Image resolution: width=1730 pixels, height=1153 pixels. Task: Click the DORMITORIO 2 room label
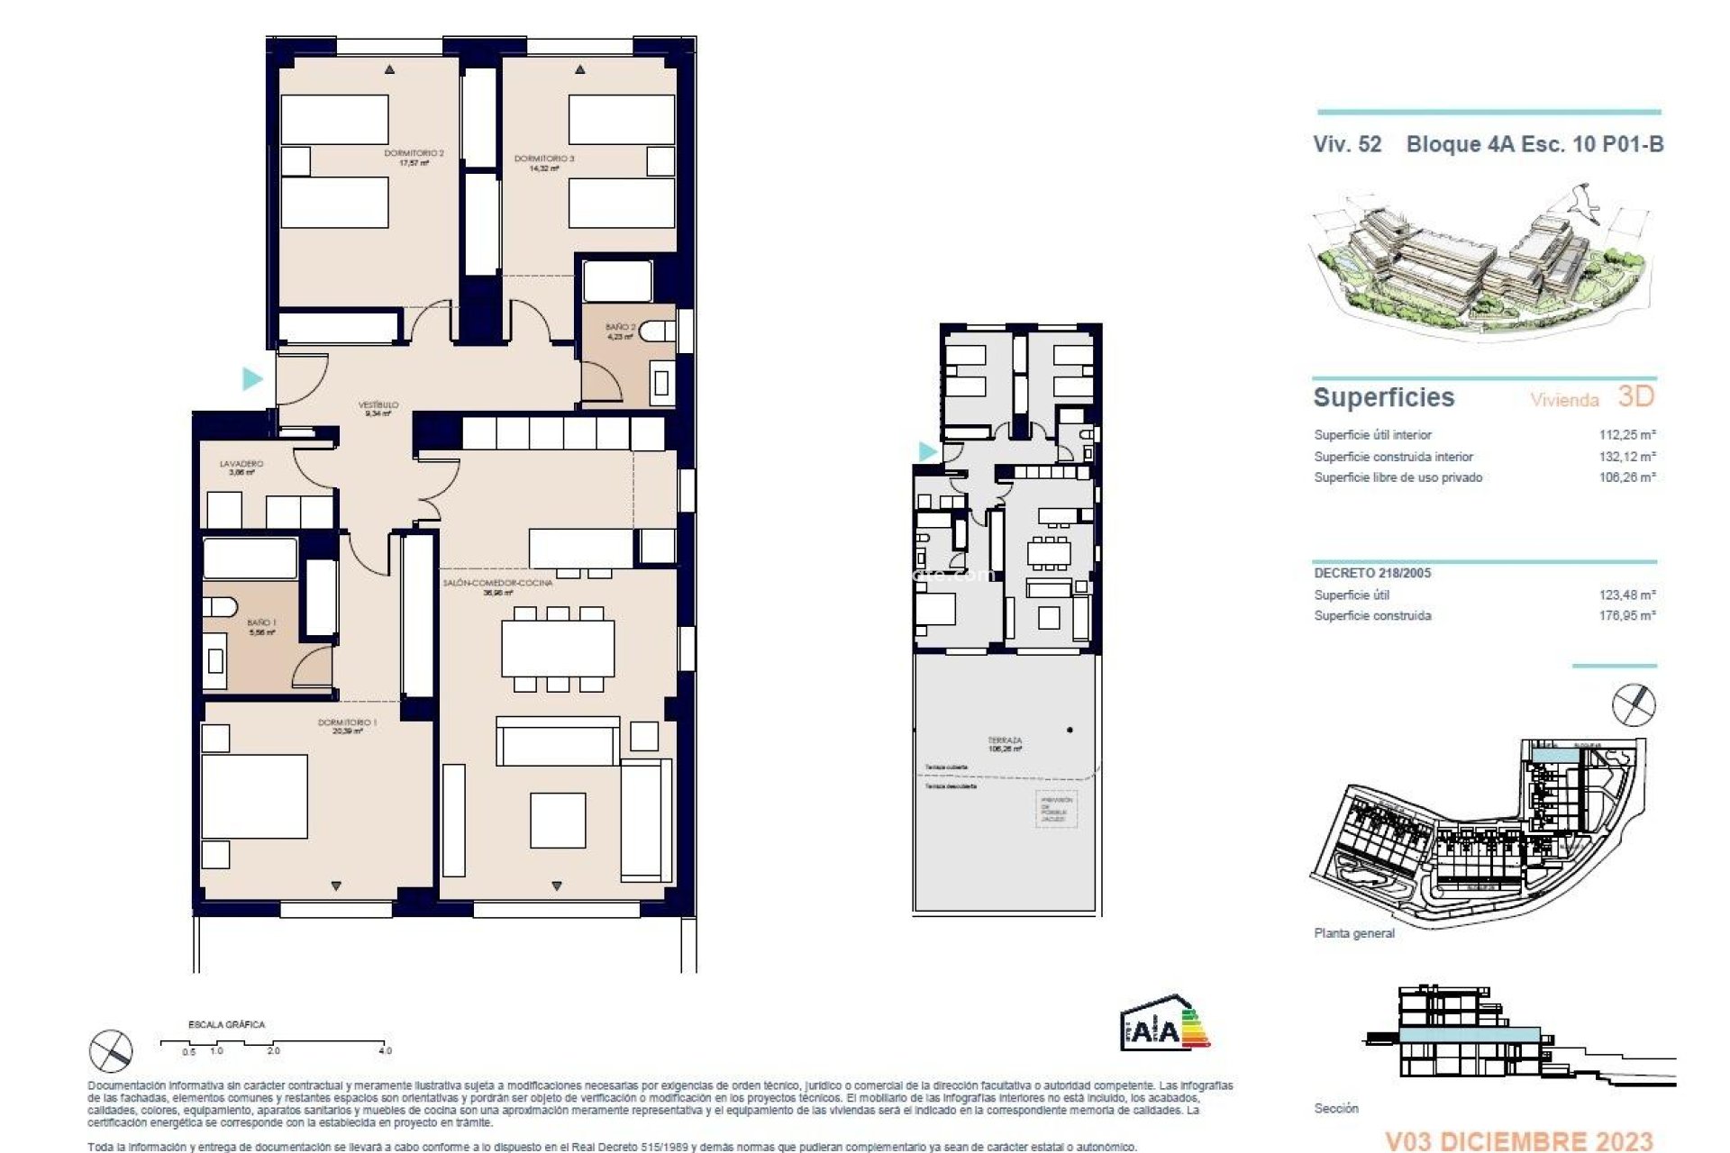point(414,158)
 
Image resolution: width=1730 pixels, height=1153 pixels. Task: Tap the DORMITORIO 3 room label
point(544,163)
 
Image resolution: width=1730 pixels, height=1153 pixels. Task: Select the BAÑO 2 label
point(620,331)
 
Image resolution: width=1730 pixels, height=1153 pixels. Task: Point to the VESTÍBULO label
point(378,409)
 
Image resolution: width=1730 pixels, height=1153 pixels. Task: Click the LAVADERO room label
point(241,468)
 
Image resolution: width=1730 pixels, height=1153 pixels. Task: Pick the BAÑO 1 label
point(261,627)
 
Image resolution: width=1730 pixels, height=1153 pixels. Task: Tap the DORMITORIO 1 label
point(347,726)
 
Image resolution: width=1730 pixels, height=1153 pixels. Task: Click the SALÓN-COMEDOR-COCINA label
point(498,587)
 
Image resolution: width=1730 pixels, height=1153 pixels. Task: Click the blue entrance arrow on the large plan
point(252,378)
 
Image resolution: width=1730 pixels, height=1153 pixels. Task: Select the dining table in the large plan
point(558,648)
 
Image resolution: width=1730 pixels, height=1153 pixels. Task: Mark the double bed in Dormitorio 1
point(254,796)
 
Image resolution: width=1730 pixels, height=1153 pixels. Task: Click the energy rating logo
point(1164,1024)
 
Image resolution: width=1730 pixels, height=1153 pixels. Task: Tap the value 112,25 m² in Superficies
point(1627,434)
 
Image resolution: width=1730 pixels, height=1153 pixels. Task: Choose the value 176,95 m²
point(1627,615)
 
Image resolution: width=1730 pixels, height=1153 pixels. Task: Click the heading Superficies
point(1383,397)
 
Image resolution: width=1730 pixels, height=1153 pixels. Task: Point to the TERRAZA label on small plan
point(1005,744)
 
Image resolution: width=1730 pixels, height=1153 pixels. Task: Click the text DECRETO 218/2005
point(1371,573)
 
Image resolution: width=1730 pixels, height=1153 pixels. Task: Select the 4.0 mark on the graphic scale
point(386,1050)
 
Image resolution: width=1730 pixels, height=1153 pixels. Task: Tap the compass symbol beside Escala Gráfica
point(111,1051)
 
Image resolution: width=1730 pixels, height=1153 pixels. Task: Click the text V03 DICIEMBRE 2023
point(1518,1141)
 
